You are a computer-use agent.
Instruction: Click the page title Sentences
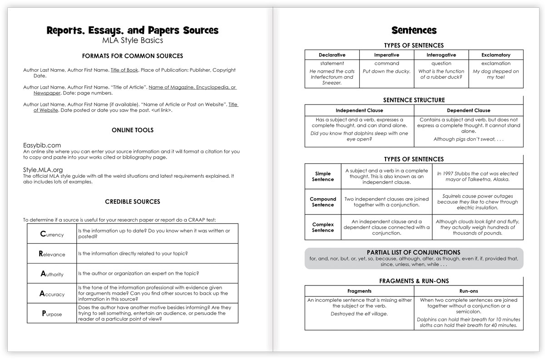(x=414, y=30)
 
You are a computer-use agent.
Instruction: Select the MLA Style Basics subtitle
(x=132, y=40)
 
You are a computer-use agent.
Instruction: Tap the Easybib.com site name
(x=42, y=145)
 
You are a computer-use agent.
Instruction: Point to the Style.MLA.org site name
(x=43, y=170)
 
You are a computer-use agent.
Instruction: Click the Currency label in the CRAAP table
(x=52, y=234)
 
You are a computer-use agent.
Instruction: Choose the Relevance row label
(x=52, y=254)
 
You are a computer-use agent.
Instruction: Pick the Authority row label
(x=52, y=274)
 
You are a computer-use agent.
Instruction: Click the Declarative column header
(x=332, y=55)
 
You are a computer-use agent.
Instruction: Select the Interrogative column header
(x=441, y=55)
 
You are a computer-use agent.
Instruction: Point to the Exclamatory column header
(x=496, y=55)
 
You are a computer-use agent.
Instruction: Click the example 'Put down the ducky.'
(x=386, y=71)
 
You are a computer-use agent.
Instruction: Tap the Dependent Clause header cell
(x=468, y=110)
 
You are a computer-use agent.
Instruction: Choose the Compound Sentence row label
(x=323, y=202)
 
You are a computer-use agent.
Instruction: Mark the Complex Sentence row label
(x=323, y=227)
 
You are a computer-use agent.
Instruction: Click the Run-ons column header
(x=468, y=291)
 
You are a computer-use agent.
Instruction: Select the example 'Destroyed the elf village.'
(x=359, y=314)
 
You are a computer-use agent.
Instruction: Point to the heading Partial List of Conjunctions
(x=413, y=252)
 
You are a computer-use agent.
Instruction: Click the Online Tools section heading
(x=133, y=130)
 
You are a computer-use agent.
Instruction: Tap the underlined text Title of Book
(x=124, y=70)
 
